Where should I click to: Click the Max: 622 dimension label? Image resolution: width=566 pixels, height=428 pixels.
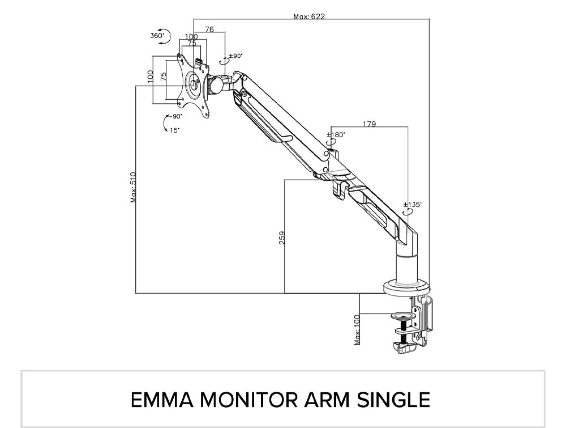pos(309,16)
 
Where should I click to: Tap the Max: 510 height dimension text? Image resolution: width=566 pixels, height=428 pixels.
pos(134,187)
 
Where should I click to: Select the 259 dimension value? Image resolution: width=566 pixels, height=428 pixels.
pos(282,238)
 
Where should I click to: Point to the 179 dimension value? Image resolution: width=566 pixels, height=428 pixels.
pos(369,124)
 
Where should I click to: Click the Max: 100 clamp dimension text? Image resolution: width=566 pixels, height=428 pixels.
pos(357,329)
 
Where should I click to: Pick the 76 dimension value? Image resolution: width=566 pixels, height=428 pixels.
pos(209,29)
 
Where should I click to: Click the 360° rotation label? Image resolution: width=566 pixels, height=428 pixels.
pos(157,35)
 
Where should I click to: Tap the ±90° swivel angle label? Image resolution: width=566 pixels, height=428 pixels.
pos(235,56)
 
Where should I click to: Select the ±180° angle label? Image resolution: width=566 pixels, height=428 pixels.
pos(336,134)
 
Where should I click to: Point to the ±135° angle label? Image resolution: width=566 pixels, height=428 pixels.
pos(412,205)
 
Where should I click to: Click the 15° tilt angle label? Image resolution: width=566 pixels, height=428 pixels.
pos(175,130)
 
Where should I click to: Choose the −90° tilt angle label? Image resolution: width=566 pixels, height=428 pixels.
pos(175,116)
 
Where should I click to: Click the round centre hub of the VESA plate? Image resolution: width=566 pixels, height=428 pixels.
pos(194,84)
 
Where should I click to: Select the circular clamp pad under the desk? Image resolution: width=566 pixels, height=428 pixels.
pos(403,317)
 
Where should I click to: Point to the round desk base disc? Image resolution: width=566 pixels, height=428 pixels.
pos(407,287)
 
